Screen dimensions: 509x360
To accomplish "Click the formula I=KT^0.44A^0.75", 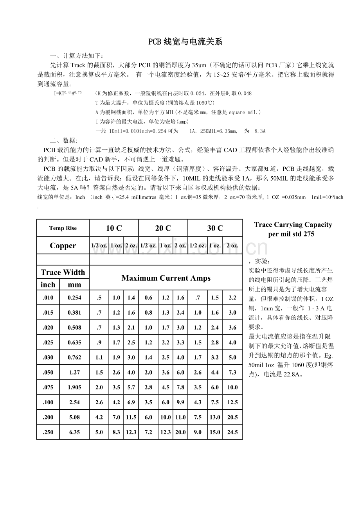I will click(x=68, y=93).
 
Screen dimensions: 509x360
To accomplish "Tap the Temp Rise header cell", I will click(x=63, y=228).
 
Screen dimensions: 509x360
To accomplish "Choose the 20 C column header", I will click(x=163, y=228).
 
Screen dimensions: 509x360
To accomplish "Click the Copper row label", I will click(x=63, y=246).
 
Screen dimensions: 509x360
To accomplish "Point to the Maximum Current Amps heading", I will click(x=166, y=278).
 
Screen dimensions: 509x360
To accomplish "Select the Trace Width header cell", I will click(x=63, y=272).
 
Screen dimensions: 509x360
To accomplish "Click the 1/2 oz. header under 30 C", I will click(x=198, y=246).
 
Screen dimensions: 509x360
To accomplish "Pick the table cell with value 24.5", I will click(x=232, y=432).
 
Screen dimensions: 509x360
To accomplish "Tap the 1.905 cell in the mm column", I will click(x=74, y=387).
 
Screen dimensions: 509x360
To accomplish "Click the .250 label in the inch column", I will click(x=48, y=432).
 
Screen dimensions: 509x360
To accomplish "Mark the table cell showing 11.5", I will click(x=131, y=417).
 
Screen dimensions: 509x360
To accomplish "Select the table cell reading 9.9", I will click(x=180, y=402).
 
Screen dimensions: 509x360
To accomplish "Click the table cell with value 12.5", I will click(x=232, y=402).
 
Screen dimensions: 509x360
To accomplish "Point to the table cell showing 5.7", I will click(x=131, y=387).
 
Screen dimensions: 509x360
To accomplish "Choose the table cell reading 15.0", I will click(x=215, y=432).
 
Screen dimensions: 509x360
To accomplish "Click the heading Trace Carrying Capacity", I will click(x=293, y=224).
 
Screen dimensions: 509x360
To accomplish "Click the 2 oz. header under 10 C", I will click(x=131, y=246).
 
